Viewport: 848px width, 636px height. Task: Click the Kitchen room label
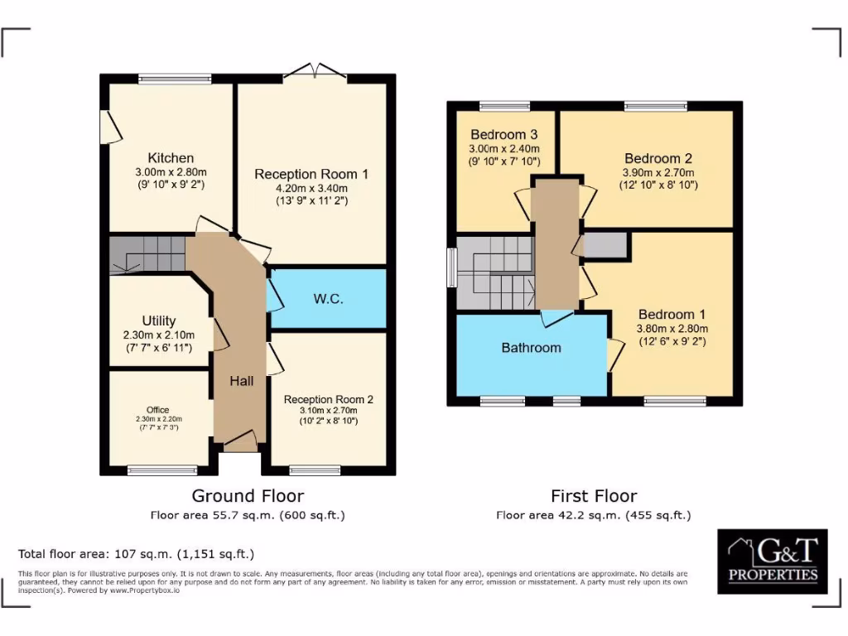[171, 158]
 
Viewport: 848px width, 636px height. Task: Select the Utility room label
[158, 320]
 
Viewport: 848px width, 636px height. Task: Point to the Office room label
[157, 410]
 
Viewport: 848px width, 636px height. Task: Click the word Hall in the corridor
[242, 381]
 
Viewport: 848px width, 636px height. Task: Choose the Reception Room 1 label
[311, 174]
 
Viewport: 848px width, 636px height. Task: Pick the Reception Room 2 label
[328, 399]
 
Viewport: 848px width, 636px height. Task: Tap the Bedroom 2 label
[658, 158]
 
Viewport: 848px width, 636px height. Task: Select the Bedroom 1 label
[672, 315]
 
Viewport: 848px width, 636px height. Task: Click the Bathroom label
[531, 348]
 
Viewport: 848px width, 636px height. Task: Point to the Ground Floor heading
[248, 496]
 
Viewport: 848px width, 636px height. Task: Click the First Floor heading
[594, 496]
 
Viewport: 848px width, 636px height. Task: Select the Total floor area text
[136, 554]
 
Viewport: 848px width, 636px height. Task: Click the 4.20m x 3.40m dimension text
[311, 188]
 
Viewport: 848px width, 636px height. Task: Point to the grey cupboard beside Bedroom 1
[605, 245]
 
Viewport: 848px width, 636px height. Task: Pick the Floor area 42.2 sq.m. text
[594, 515]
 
